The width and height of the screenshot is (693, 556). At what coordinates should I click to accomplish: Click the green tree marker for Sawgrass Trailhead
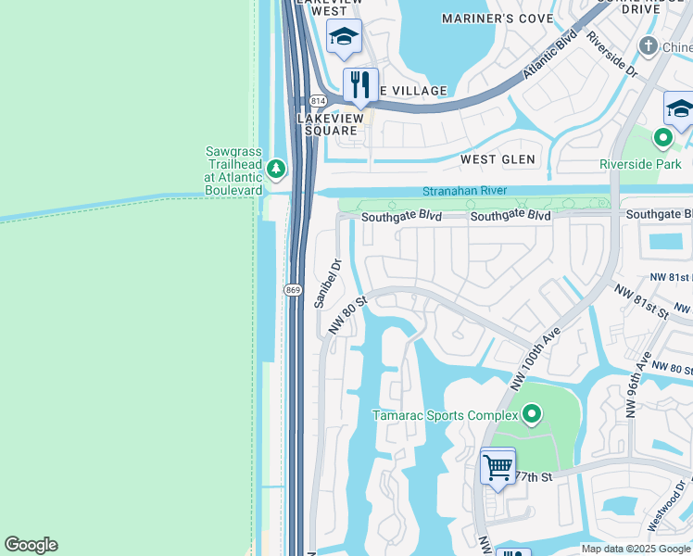pos(275,169)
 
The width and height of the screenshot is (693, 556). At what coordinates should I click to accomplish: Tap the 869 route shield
pos(292,290)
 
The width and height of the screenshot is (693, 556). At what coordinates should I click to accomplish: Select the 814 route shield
pos(319,99)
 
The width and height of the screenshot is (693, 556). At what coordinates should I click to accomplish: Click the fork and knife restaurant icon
pos(360,84)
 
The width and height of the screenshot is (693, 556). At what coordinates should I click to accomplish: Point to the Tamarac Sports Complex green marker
pos(531,414)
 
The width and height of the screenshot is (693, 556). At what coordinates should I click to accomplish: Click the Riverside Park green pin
pos(662,139)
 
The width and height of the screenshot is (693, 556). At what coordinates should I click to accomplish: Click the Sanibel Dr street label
pos(328,284)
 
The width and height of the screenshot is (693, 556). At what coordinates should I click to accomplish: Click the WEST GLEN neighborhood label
pos(498,159)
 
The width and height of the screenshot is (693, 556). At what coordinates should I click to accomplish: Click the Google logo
pos(31,545)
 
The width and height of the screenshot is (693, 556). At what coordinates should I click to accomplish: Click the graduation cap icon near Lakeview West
pos(344,36)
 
